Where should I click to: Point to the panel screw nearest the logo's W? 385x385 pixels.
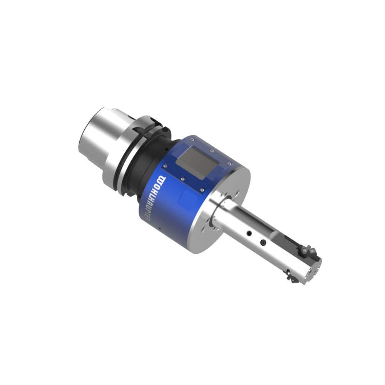(165, 166)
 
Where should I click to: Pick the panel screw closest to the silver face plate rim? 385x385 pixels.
(229, 163)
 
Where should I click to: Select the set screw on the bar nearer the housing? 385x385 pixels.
(249, 233)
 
